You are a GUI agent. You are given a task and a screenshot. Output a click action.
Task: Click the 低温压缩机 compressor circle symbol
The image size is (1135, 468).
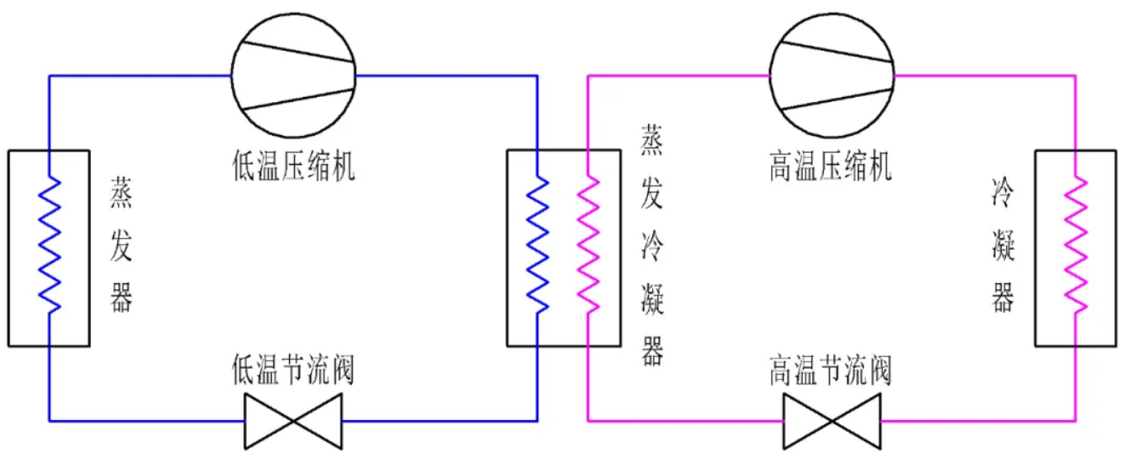point(293,75)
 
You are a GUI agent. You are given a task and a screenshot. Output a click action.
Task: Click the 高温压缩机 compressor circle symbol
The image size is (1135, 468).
point(832,75)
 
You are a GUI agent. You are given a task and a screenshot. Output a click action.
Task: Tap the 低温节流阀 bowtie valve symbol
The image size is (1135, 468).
point(293,419)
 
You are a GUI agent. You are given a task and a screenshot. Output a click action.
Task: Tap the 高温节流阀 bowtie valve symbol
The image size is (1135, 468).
point(832,419)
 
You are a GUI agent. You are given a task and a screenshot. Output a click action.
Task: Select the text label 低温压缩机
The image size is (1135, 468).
point(293,166)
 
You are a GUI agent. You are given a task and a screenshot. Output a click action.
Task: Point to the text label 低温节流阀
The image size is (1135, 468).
point(293,371)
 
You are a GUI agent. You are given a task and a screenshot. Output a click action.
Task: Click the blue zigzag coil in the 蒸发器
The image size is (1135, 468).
point(50,245)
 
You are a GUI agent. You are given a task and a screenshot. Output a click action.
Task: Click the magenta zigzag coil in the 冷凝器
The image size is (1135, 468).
point(1076,245)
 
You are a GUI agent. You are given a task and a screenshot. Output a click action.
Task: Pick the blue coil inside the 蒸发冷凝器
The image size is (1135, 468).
point(538,245)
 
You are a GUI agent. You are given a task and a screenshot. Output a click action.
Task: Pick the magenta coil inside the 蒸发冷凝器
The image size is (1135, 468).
point(588,245)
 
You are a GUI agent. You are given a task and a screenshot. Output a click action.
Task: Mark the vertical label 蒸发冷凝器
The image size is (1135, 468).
point(652,245)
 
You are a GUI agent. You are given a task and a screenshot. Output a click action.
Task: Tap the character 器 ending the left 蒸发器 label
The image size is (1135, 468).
point(121,299)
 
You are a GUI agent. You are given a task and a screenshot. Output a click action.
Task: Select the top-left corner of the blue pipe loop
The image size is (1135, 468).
point(50,76)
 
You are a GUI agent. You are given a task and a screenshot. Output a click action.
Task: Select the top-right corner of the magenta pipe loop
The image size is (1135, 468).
point(1075,76)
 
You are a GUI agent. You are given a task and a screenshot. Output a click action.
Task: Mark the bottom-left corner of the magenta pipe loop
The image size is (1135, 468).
point(587,419)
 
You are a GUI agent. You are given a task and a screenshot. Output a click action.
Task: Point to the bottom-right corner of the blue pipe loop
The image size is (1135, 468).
point(537,419)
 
